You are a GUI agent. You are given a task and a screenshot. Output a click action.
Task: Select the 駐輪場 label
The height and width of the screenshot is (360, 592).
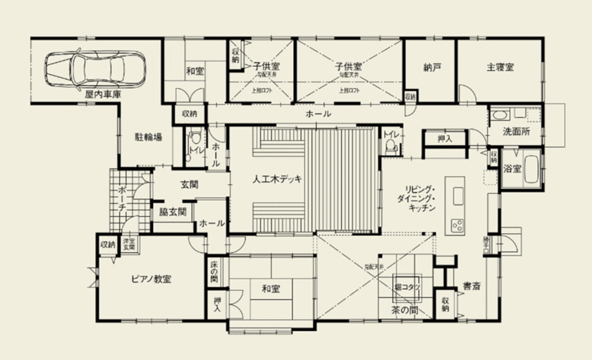(148, 137)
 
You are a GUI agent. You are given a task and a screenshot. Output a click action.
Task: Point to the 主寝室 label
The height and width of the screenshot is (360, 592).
(500, 68)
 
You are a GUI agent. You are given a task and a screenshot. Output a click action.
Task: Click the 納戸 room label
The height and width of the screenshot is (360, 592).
(432, 68)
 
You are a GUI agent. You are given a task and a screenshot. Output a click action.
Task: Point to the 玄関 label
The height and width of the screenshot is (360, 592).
(189, 185)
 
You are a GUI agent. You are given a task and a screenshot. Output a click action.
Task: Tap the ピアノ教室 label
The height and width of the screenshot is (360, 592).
(152, 279)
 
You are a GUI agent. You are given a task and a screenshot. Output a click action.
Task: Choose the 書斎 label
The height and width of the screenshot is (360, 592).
(471, 287)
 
